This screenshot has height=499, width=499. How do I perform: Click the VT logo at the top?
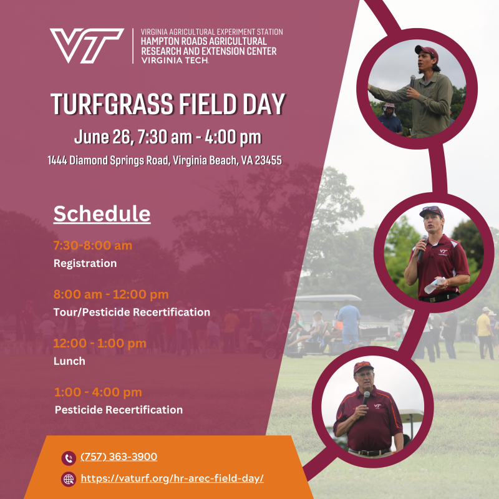pyautogui.click(x=87, y=46)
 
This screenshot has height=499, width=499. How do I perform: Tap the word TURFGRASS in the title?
pyautogui.click(x=112, y=104)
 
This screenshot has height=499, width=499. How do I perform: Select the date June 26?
pyautogui.click(x=102, y=137)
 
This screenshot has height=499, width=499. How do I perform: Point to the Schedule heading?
pyautogui.click(x=102, y=213)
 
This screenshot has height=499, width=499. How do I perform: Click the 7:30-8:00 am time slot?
pyautogui.click(x=92, y=246)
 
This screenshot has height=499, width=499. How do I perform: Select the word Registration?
pyautogui.click(x=85, y=263)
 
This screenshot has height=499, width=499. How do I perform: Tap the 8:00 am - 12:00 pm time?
pyautogui.click(x=111, y=294)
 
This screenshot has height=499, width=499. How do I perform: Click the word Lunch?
pyautogui.click(x=69, y=361)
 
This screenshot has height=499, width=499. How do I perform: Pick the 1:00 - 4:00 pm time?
pyautogui.click(x=98, y=392)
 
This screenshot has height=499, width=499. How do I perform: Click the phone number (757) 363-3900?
pyautogui.click(x=119, y=457)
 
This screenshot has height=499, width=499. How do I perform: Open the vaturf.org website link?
pyautogui.click(x=172, y=478)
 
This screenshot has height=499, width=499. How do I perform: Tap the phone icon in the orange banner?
pyautogui.click(x=69, y=458)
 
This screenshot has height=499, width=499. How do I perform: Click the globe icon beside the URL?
pyautogui.click(x=69, y=479)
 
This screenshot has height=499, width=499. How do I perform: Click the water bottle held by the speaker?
pyautogui.click(x=434, y=285)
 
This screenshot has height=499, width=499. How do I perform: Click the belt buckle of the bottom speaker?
pyautogui.click(x=369, y=453)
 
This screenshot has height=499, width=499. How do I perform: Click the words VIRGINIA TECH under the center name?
pyautogui.click(x=175, y=61)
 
